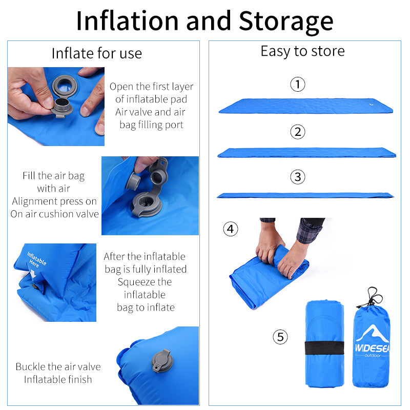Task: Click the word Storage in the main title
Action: click(286, 21)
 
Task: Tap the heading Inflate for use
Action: click(97, 53)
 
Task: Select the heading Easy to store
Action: click(302, 51)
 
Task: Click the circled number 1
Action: click(297, 84)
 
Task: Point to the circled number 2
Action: click(297, 132)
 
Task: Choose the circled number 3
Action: click(297, 177)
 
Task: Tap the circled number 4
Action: click(231, 229)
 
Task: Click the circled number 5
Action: click(280, 337)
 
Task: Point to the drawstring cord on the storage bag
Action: click(373, 297)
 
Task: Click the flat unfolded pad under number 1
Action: click(305, 106)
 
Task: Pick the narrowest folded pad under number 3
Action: click(305, 195)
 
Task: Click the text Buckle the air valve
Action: click(58, 366)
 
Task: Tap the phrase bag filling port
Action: click(151, 125)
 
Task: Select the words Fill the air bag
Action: click(53, 176)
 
